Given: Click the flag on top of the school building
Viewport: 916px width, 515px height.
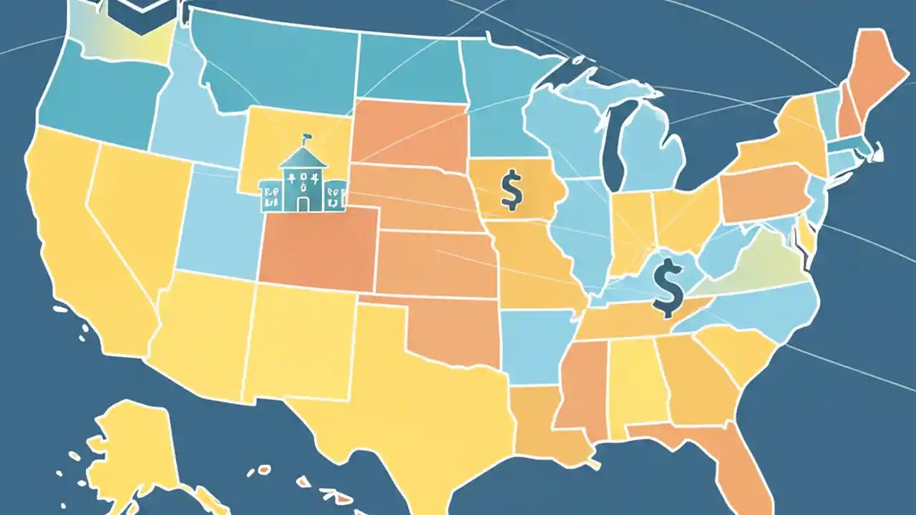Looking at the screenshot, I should click(308, 136).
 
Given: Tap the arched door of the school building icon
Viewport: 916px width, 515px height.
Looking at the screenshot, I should click(303, 204).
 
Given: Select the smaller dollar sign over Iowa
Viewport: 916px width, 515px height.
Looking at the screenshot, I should click(510, 189).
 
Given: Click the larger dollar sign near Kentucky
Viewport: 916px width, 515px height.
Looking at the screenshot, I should click(667, 288).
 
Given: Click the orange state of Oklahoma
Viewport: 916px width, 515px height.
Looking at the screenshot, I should click(451, 329).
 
